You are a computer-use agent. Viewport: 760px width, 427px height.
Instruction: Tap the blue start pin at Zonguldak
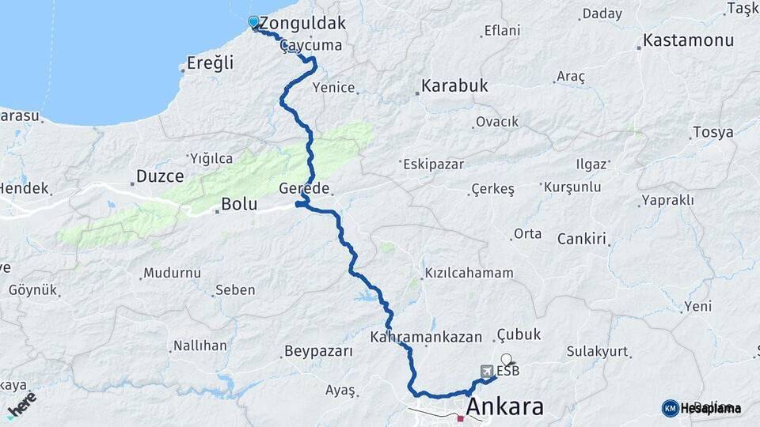tap(253, 22)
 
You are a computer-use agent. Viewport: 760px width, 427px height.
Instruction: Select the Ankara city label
tap(505, 407)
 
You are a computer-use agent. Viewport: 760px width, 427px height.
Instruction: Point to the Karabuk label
tap(454, 85)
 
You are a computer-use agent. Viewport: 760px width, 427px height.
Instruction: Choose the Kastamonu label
tap(688, 40)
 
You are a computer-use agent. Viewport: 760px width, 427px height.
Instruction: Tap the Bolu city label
tap(239, 204)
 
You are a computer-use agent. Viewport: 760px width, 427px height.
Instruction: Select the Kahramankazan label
tap(426, 337)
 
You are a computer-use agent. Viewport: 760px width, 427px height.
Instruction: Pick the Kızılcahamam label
tap(469, 273)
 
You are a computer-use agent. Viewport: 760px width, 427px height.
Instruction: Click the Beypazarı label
tap(318, 350)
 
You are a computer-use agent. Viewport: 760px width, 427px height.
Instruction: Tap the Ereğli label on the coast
tap(211, 62)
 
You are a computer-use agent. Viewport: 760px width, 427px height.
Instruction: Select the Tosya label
tap(712, 132)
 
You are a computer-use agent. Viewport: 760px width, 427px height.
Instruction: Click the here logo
tap(21, 405)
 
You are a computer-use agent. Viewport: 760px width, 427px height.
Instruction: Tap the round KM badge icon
tap(670, 408)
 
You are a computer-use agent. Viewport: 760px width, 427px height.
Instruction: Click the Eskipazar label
tap(432, 164)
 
